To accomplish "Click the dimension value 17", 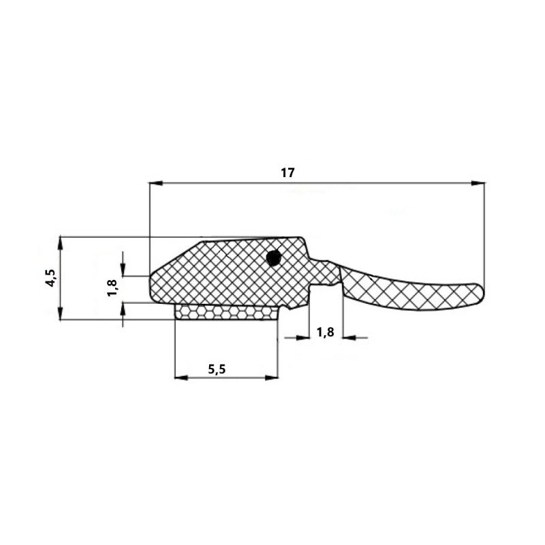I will (x=287, y=173).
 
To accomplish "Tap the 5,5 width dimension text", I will (x=217, y=369).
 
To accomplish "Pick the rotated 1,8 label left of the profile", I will (x=112, y=287).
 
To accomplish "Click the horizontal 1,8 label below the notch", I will (x=326, y=332).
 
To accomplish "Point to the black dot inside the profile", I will (x=273, y=258).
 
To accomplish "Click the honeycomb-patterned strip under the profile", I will (x=227, y=313).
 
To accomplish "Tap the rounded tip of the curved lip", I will (x=480, y=292).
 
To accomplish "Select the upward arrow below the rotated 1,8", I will (x=123, y=309).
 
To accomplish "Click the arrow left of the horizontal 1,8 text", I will (x=302, y=337).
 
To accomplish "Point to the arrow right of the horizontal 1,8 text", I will (x=349, y=337).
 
